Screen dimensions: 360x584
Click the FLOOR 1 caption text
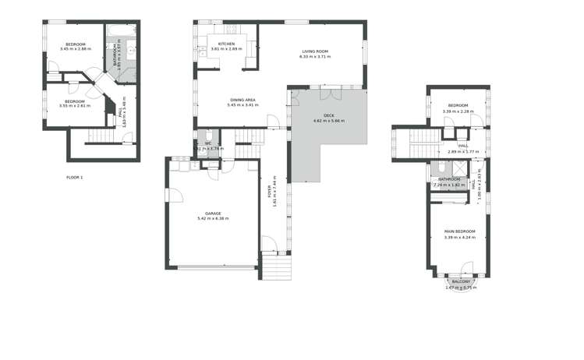click(74, 178)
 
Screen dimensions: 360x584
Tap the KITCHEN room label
click(226, 44)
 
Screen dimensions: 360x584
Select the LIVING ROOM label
click(315, 51)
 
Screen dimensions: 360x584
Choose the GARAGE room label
click(213, 213)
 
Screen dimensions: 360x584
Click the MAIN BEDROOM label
click(459, 231)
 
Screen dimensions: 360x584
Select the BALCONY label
click(461, 282)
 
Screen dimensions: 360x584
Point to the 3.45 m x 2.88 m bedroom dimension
click(75, 49)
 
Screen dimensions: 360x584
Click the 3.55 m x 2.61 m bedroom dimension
click(74, 106)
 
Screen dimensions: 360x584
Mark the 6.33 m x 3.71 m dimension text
click(315, 57)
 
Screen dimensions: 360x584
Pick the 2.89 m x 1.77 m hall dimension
click(462, 151)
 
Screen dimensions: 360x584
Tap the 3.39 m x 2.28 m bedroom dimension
click(458, 111)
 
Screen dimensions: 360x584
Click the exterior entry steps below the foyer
click(276, 269)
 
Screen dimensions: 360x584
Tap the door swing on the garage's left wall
click(173, 196)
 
